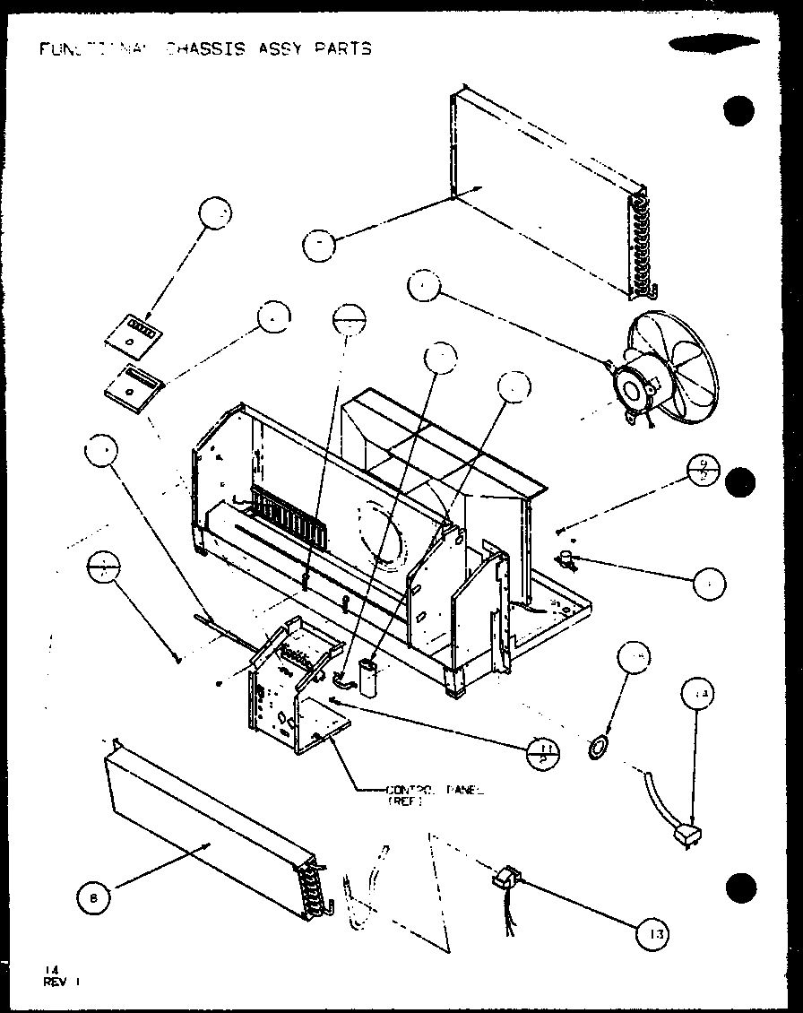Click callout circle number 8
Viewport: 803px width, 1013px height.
[93, 896]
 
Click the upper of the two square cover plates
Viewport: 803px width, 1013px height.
[134, 332]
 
